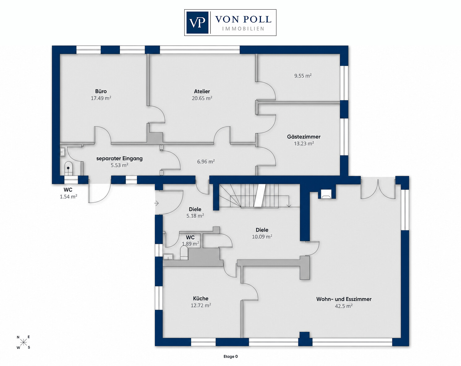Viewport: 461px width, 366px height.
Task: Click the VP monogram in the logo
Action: pos(197,23)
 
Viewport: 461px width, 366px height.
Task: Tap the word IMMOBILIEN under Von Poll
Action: pos(243,29)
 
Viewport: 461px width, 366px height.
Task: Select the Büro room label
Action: pos(101,91)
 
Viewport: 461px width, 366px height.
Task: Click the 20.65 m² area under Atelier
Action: pos(202,98)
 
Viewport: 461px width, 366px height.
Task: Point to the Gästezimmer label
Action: pos(304,136)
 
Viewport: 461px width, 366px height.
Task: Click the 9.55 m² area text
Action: pos(303,76)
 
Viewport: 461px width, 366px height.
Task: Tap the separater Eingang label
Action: pos(119,159)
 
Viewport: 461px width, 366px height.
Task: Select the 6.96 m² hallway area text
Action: pos(206,161)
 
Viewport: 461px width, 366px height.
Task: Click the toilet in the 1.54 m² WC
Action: pos(68,168)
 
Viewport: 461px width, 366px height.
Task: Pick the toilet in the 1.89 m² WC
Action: pos(184,252)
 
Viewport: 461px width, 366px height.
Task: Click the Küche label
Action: pos(201,299)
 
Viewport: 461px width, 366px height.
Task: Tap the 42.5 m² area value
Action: pos(344,306)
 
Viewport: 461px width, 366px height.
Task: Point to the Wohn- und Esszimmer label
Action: pos(344,299)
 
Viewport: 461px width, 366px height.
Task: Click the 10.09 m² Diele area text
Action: pos(262,237)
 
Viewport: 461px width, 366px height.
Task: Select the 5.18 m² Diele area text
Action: pos(195,216)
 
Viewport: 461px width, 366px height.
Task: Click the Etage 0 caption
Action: pos(231,357)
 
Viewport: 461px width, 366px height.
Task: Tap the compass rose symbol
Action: pos(23,342)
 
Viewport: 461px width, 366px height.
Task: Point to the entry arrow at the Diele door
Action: pos(156,203)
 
